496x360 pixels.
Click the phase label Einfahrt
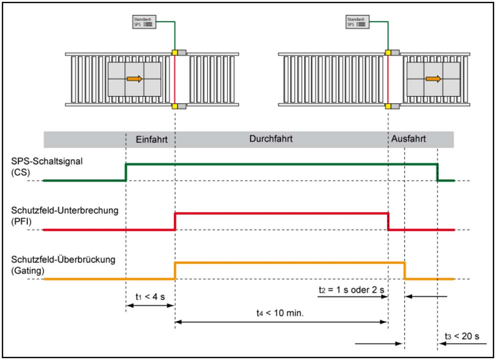pyautogui.click(x=152, y=139)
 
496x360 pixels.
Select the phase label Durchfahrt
pyautogui.click(x=271, y=138)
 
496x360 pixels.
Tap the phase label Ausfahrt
pyautogui.click(x=408, y=138)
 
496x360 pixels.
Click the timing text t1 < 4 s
pyautogui.click(x=150, y=297)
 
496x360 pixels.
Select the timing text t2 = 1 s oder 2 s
pyautogui.click(x=351, y=289)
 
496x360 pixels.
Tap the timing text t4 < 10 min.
pyautogui.click(x=280, y=313)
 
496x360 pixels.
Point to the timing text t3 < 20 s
pyautogui.click(x=462, y=336)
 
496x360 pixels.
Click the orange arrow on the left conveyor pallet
pyautogui.click(x=134, y=78)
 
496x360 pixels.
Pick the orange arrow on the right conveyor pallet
pyautogui.click(x=434, y=78)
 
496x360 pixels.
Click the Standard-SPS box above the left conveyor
pyautogui.click(x=144, y=22)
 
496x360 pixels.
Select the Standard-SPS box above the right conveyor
pyautogui.click(x=358, y=22)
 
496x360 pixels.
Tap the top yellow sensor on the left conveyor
pyautogui.click(x=175, y=53)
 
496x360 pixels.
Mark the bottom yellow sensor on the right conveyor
pyautogui.click(x=388, y=106)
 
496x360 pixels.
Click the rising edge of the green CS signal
pyautogui.click(x=126, y=173)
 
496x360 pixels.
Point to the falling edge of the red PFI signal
pyautogui.click(x=388, y=222)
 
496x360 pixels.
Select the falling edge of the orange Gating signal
pyautogui.click(x=404, y=270)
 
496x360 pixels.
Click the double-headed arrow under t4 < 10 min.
pyautogui.click(x=281, y=322)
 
